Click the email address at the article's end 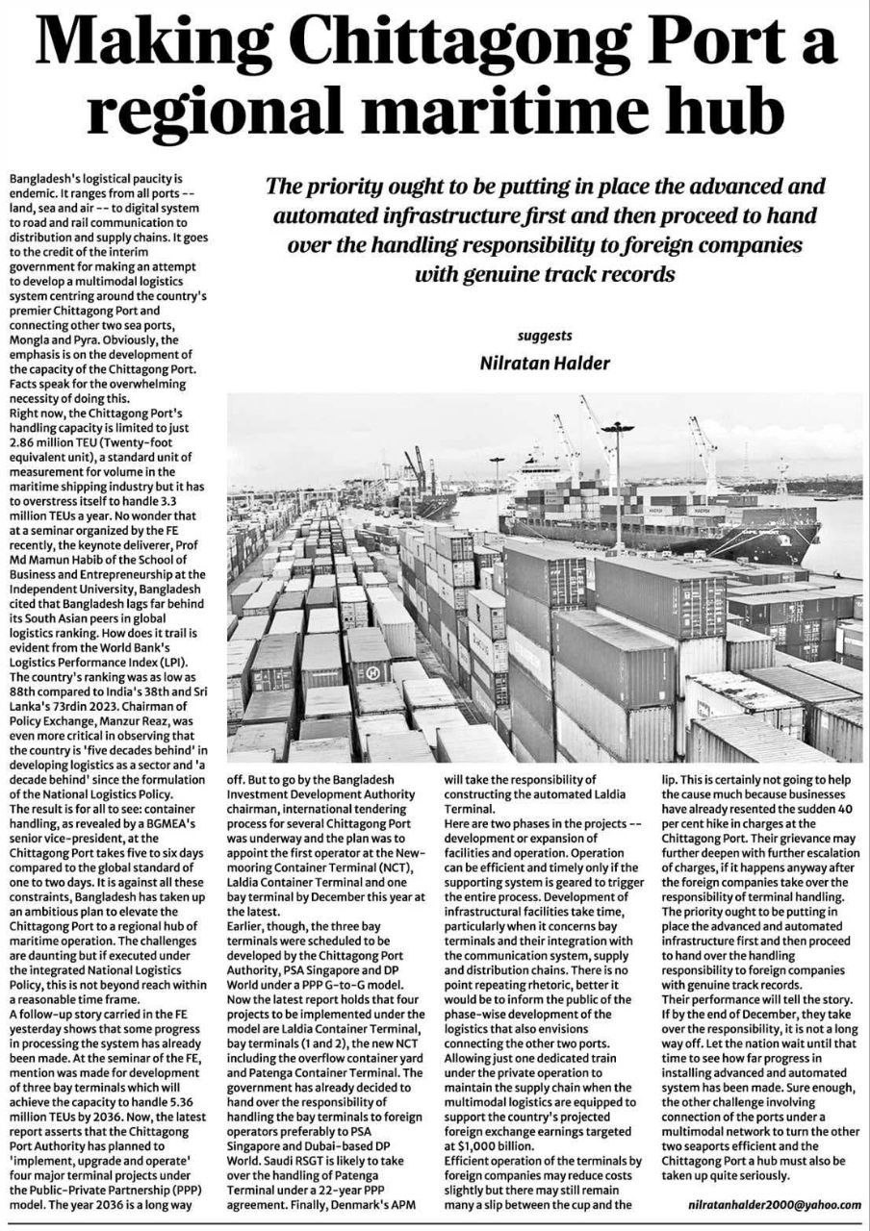tap(776, 1204)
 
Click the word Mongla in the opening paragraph tap(30, 340)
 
